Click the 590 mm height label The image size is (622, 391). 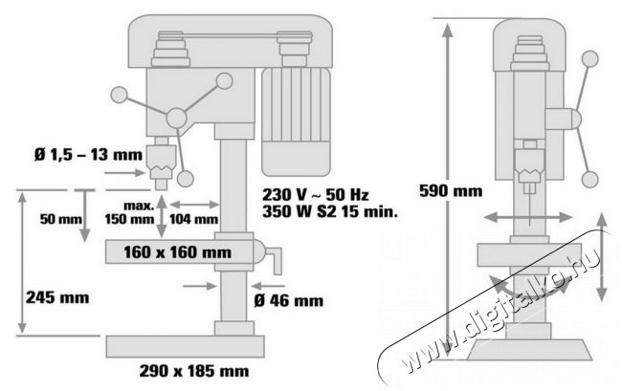click(x=451, y=191)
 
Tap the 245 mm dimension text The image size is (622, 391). click(x=57, y=297)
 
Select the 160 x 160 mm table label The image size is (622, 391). click(x=177, y=252)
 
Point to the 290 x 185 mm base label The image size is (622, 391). click(x=194, y=371)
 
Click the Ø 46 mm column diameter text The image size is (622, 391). click(x=288, y=301)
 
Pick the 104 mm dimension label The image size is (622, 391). click(x=194, y=219)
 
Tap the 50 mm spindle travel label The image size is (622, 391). click(x=60, y=219)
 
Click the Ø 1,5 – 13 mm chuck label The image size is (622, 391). click(x=88, y=154)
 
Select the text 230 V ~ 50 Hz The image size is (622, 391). click(x=316, y=194)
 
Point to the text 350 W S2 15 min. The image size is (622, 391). click(x=329, y=211)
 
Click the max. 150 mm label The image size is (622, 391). click(x=129, y=213)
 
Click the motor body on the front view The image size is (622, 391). click(x=296, y=121)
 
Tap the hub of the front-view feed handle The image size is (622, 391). click(x=176, y=118)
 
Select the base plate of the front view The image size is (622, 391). click(x=185, y=347)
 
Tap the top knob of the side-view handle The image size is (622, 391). click(x=589, y=59)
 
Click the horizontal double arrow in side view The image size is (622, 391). click(x=528, y=217)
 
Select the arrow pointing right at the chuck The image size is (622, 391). click(x=124, y=173)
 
